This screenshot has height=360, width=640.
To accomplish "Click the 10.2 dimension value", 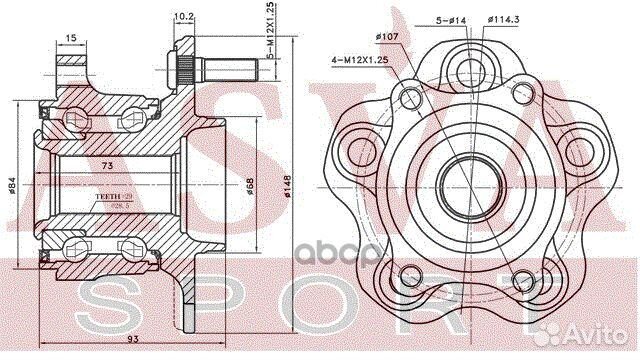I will [x=183, y=17].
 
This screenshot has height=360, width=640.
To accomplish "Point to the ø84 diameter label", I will [x=12, y=186].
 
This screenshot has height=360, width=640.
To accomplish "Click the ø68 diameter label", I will [x=250, y=186].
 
